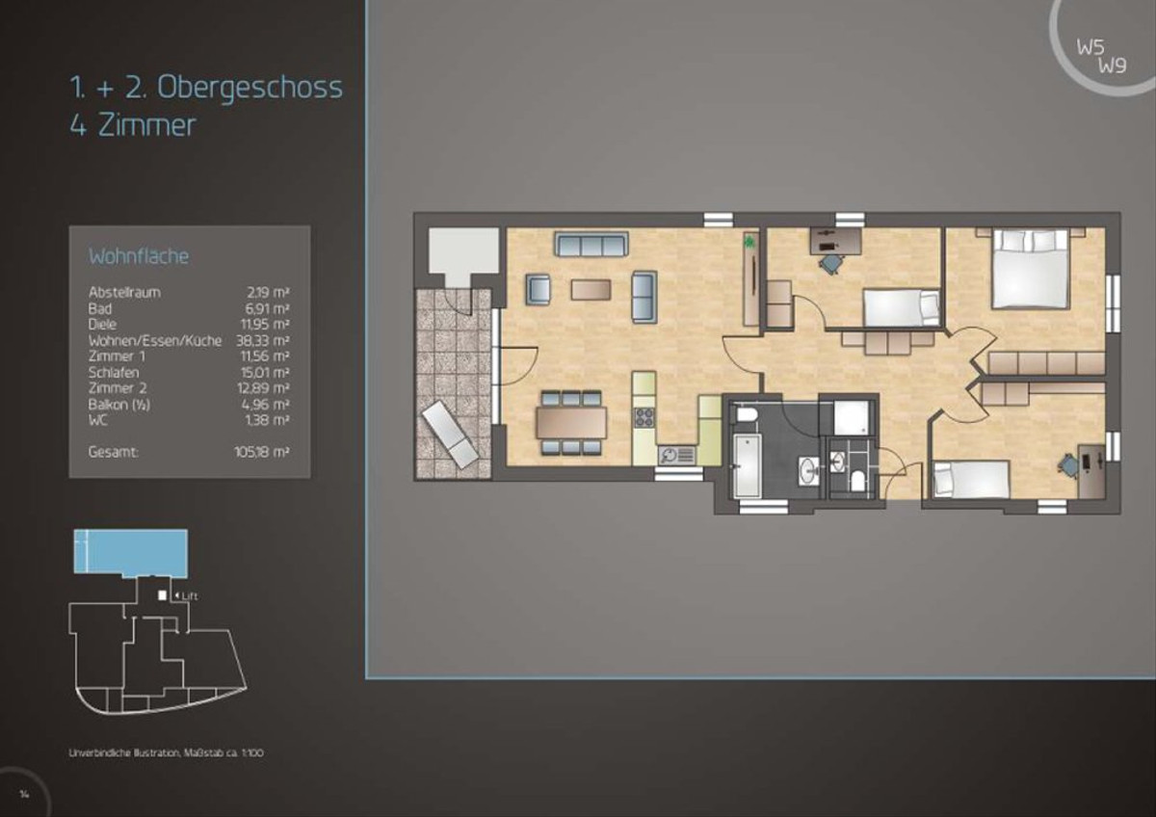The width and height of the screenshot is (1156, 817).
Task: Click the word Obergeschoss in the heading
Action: pos(250,88)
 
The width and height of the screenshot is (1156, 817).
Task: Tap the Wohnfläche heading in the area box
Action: pos(139,256)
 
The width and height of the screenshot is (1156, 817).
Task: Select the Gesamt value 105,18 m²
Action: pos(262,452)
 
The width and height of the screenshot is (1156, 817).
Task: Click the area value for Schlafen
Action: pos(265,372)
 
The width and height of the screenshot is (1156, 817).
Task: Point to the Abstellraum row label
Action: pos(124,292)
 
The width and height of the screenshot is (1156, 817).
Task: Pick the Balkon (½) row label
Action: pos(119,404)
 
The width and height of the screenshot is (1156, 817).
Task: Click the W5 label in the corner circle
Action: pos(1090,47)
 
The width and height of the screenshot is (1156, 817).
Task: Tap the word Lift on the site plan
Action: pos(190,596)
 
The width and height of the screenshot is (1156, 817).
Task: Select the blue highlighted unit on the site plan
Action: pos(131,551)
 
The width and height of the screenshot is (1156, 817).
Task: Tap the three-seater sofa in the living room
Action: pos(591,244)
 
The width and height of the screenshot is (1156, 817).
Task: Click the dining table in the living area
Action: pos(571,423)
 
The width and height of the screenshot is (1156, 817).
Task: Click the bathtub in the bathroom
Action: pos(747,466)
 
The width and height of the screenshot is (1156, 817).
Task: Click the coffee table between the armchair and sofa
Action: pos(591,290)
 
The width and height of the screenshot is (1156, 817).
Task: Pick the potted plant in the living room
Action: pos(749,240)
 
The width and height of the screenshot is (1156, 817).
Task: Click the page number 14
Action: pos(24,794)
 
